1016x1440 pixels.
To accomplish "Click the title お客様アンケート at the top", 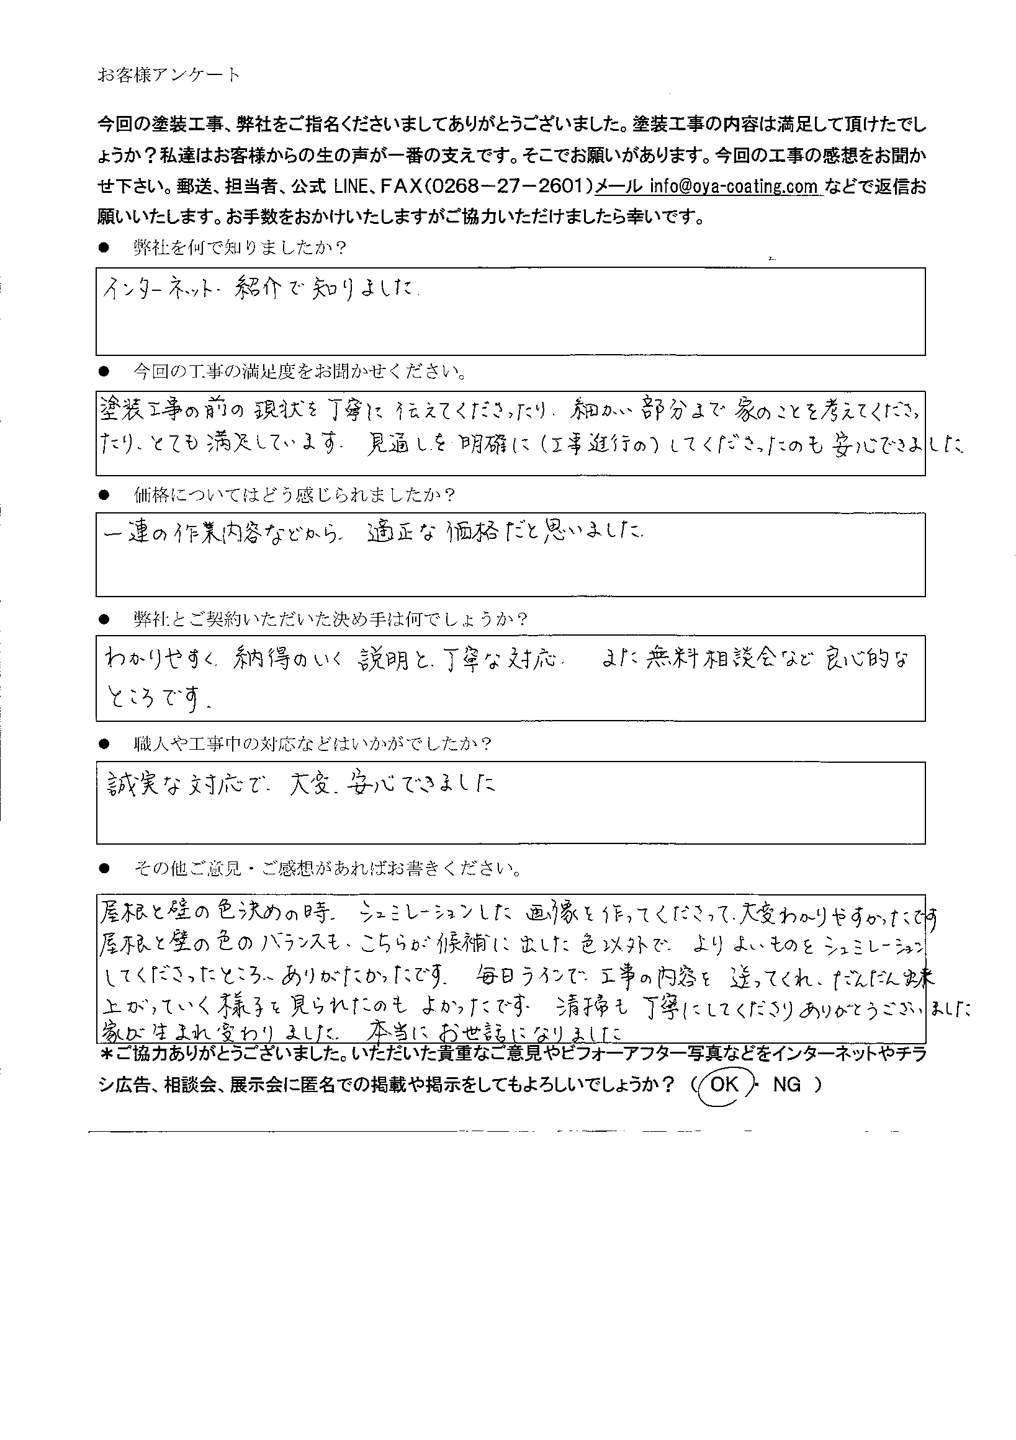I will (168, 76).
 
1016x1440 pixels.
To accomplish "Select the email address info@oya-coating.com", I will (734, 186).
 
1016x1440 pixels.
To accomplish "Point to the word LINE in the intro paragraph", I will (354, 186).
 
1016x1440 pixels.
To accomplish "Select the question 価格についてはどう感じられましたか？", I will (294, 496).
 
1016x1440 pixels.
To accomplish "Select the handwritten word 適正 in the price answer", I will (391, 533).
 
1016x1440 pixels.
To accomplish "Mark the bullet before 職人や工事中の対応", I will (104, 744).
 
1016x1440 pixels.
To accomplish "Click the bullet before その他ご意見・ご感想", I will (104, 869).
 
